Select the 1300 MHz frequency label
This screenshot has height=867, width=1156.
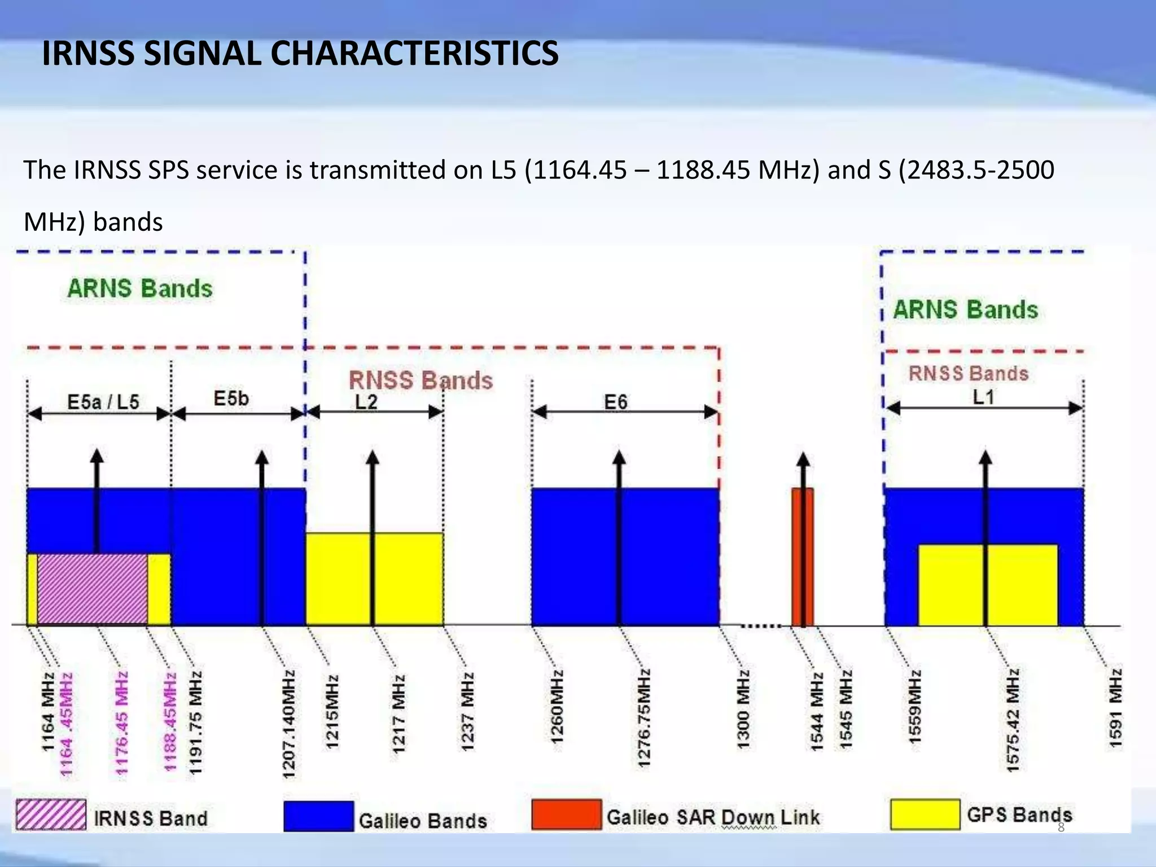[x=743, y=710]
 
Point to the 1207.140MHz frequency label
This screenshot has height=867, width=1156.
[x=289, y=725]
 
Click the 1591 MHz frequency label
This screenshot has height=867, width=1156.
[x=1116, y=708]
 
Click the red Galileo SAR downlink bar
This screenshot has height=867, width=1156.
[x=803, y=556]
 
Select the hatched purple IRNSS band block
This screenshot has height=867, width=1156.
[x=93, y=589]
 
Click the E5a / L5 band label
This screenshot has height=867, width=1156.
[x=103, y=402]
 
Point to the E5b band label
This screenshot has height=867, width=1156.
[x=231, y=399]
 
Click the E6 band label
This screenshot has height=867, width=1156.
[x=616, y=402]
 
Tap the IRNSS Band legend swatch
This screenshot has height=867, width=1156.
[x=51, y=815]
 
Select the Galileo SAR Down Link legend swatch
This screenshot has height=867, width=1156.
[x=567, y=815]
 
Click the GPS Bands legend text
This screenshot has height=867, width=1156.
[x=1019, y=815]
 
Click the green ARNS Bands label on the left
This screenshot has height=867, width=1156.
[x=140, y=288]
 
